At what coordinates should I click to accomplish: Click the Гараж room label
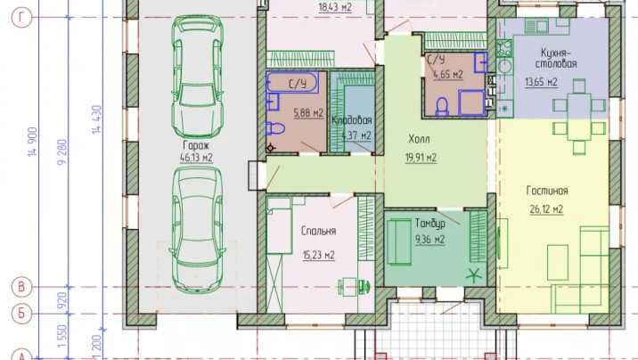(196, 145)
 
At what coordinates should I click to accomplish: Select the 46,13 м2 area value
(196, 158)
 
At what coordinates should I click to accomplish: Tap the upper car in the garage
(197, 77)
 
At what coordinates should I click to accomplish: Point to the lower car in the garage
(197, 230)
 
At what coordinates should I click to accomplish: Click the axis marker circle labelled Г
(21, 18)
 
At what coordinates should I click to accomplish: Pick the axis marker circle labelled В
(21, 287)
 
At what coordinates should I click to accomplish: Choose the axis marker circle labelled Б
(21, 314)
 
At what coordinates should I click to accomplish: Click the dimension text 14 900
(33, 141)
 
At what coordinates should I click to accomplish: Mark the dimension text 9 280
(62, 152)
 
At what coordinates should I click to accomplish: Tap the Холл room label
(419, 139)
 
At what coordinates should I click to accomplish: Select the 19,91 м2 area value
(421, 158)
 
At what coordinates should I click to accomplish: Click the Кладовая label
(352, 120)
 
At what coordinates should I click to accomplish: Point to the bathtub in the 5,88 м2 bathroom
(292, 82)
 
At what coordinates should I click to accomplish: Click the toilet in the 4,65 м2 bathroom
(442, 107)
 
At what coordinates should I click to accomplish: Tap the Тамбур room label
(430, 224)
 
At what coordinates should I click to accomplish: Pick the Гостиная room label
(547, 191)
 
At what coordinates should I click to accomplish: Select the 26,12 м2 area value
(546, 209)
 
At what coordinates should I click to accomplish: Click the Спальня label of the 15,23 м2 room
(319, 231)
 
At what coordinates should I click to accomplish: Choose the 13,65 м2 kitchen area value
(541, 82)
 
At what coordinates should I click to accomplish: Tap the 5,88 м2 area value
(308, 112)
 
